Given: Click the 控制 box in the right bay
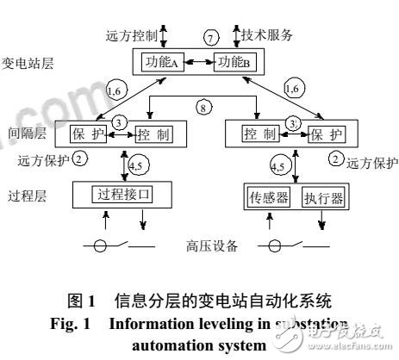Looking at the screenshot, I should point(255,136).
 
